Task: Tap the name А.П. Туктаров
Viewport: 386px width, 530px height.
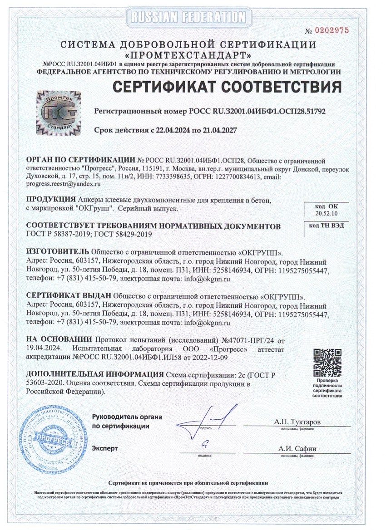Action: click(x=297, y=422)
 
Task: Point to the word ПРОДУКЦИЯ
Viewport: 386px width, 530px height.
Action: click(x=51, y=199)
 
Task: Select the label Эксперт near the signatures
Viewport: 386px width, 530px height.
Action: click(x=105, y=448)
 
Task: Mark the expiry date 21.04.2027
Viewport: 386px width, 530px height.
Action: click(x=217, y=130)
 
